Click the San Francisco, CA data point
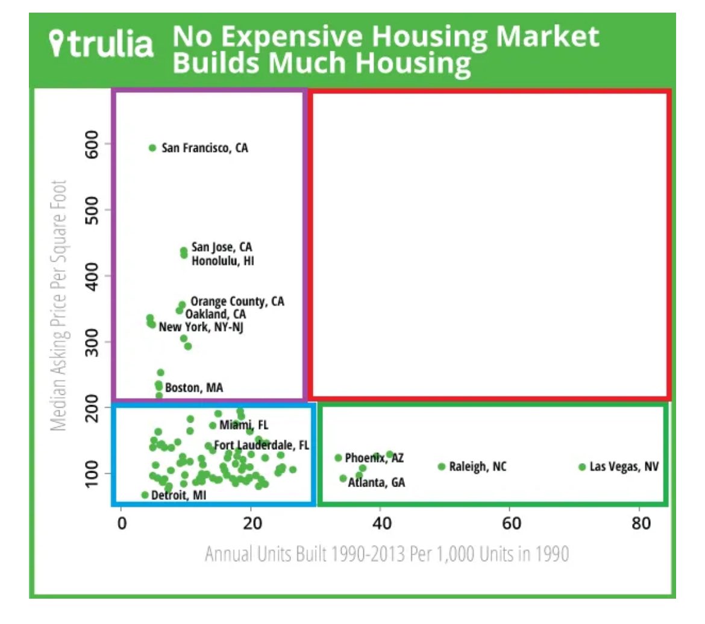(152, 148)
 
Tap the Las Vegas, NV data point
(582, 467)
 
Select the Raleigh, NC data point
(442, 467)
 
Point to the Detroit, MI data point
(145, 495)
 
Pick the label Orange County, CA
(237, 301)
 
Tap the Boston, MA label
(193, 388)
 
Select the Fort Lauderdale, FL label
(262, 446)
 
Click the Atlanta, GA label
(377, 482)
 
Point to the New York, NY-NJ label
(201, 327)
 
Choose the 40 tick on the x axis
(380, 523)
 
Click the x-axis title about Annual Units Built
(386, 553)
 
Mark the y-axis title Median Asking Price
(59, 304)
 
